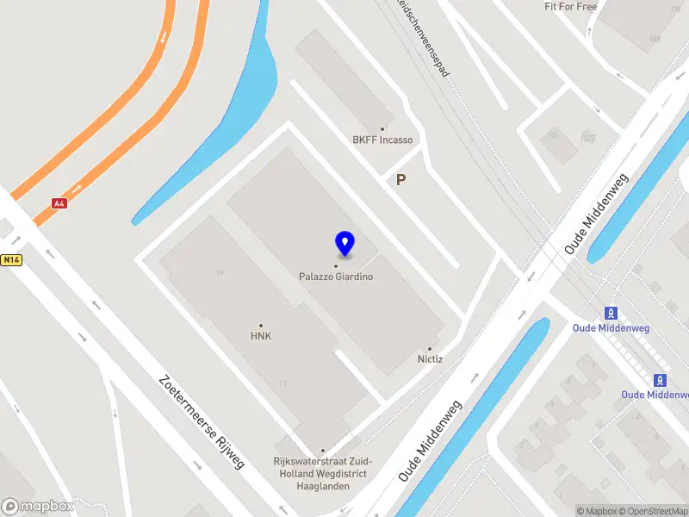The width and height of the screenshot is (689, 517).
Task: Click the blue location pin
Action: tap(344, 243)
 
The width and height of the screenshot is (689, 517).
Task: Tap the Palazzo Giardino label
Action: tap(336, 277)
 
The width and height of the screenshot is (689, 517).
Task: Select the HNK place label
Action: tap(260, 336)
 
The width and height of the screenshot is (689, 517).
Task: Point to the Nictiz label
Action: tap(430, 359)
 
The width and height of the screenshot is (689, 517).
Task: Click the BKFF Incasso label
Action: tap(382, 140)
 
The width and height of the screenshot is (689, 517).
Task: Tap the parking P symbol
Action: tap(400, 180)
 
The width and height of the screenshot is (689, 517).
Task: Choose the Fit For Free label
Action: tap(570, 7)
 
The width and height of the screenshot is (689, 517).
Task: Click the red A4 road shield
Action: tap(59, 203)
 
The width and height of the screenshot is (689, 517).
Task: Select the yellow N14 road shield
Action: tap(10, 258)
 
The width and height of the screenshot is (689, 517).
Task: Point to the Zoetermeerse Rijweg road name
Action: tap(202, 421)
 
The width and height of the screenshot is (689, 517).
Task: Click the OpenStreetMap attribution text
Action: tap(653, 511)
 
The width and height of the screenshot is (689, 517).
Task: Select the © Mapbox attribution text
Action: tap(597, 511)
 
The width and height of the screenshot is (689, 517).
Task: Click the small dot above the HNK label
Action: tap(261, 326)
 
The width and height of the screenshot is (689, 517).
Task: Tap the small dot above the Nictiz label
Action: tap(430, 349)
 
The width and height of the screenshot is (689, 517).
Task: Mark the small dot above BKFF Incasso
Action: tap(382, 129)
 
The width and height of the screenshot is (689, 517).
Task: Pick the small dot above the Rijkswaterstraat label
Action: tap(323, 451)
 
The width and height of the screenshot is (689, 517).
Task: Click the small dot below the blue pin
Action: tap(336, 266)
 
